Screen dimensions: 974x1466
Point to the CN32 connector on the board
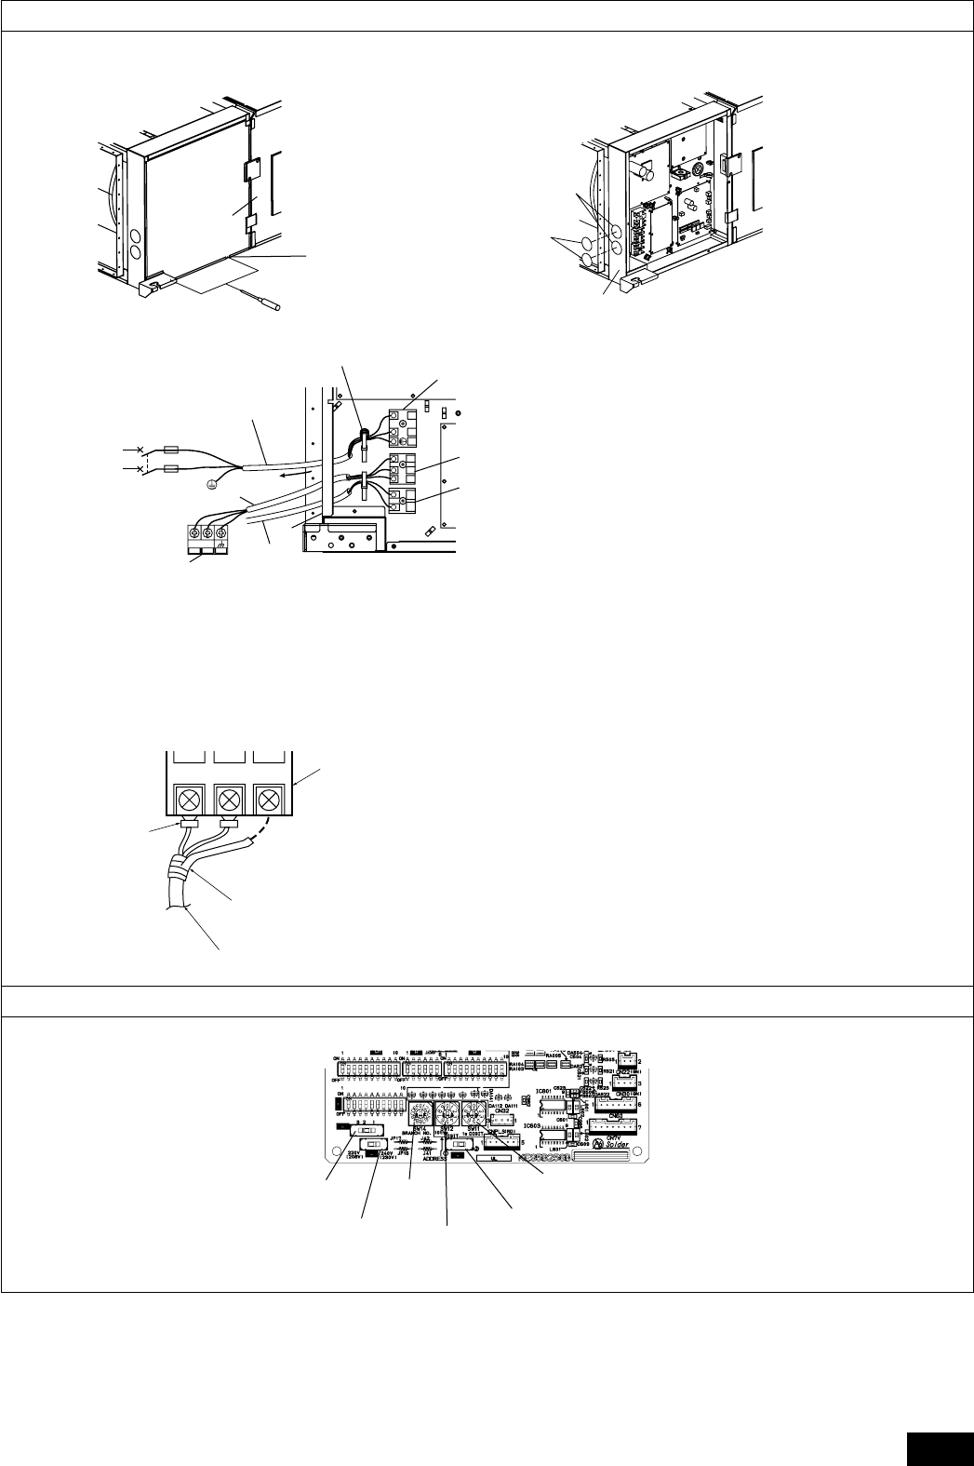[x=501, y=1110]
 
